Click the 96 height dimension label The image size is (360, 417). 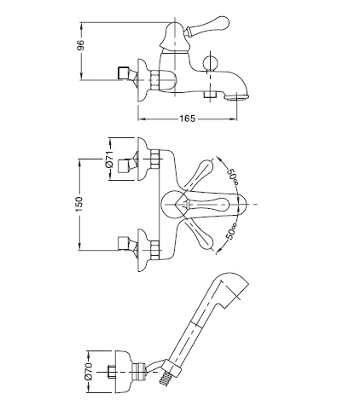(x=81, y=45)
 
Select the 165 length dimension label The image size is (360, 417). (x=188, y=119)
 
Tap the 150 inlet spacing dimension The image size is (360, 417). (x=79, y=204)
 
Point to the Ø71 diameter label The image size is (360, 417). (x=109, y=159)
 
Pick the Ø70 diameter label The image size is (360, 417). (x=89, y=371)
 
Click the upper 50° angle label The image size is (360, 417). (x=232, y=177)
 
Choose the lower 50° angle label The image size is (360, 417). (x=231, y=231)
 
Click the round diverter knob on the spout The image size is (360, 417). (x=210, y=63)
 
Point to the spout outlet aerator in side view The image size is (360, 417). (x=236, y=96)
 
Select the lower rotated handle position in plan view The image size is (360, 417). (x=199, y=235)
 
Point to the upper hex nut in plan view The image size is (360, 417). (x=155, y=159)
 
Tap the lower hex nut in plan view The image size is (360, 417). (x=155, y=250)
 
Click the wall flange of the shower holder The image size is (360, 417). (x=123, y=372)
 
